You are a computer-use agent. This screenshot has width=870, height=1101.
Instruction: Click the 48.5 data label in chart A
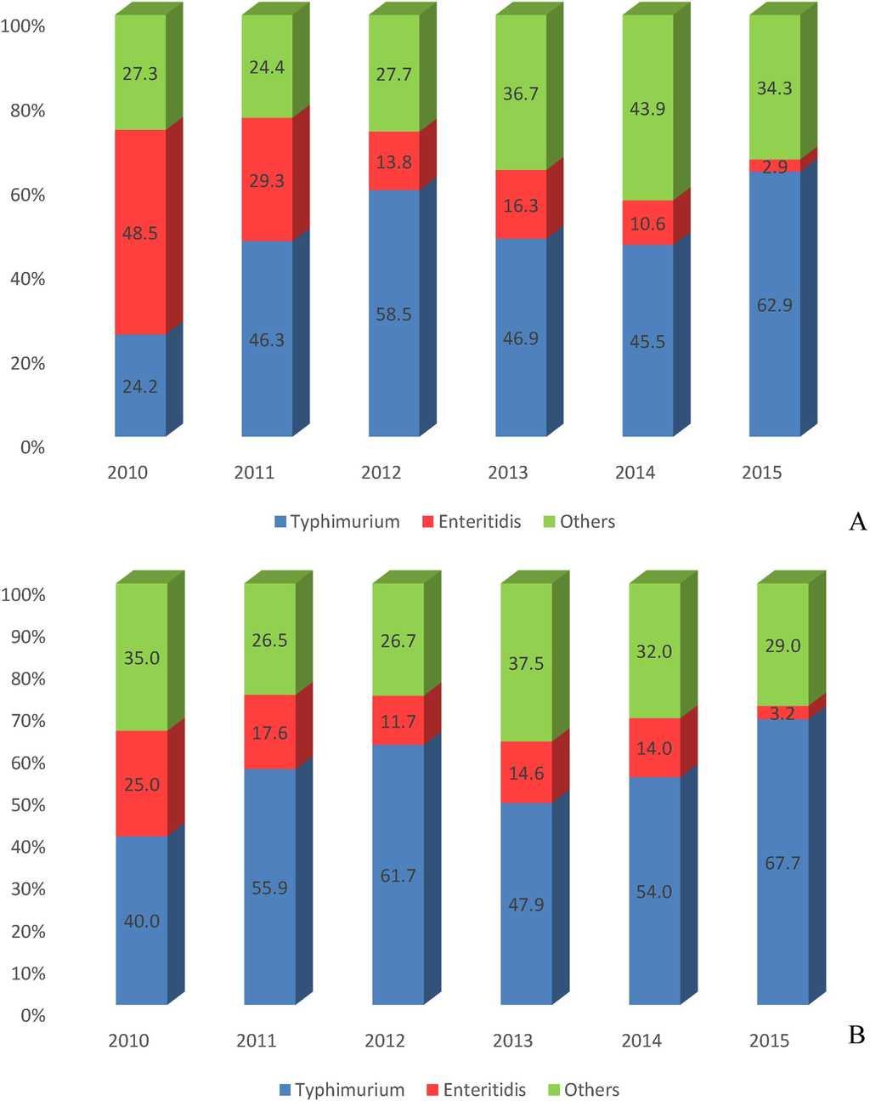140,233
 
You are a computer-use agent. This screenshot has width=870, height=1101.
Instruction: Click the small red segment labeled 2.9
775,167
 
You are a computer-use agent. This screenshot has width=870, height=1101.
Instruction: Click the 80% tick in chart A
27,111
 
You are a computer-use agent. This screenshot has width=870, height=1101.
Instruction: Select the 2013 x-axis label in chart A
508,473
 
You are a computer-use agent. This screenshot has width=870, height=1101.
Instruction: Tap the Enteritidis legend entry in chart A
472,522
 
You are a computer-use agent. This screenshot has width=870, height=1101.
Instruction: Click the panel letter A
857,522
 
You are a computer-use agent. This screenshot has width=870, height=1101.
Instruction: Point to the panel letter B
856,1035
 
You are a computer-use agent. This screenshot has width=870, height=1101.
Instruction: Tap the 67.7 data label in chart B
782,863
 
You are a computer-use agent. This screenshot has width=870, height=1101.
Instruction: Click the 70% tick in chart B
27,721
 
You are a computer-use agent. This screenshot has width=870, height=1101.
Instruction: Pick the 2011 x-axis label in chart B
257,1041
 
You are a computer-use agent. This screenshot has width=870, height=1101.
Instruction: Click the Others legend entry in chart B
583,1090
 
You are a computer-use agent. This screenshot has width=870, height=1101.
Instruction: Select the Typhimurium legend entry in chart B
341,1090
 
